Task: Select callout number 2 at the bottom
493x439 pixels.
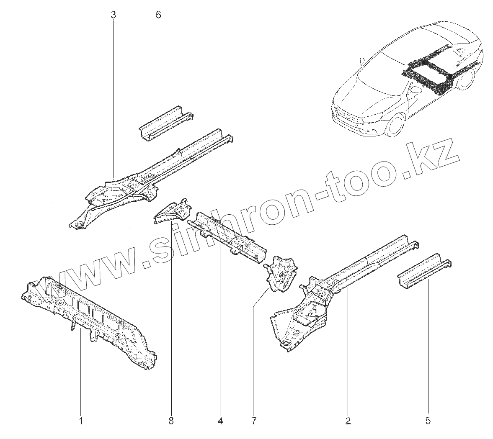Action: (x=348, y=420)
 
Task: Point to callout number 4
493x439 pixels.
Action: (x=220, y=420)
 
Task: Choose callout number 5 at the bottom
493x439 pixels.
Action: (x=428, y=420)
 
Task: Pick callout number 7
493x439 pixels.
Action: (x=253, y=420)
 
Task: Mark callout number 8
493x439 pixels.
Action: (x=171, y=420)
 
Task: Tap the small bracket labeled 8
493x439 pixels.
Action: (x=172, y=211)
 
